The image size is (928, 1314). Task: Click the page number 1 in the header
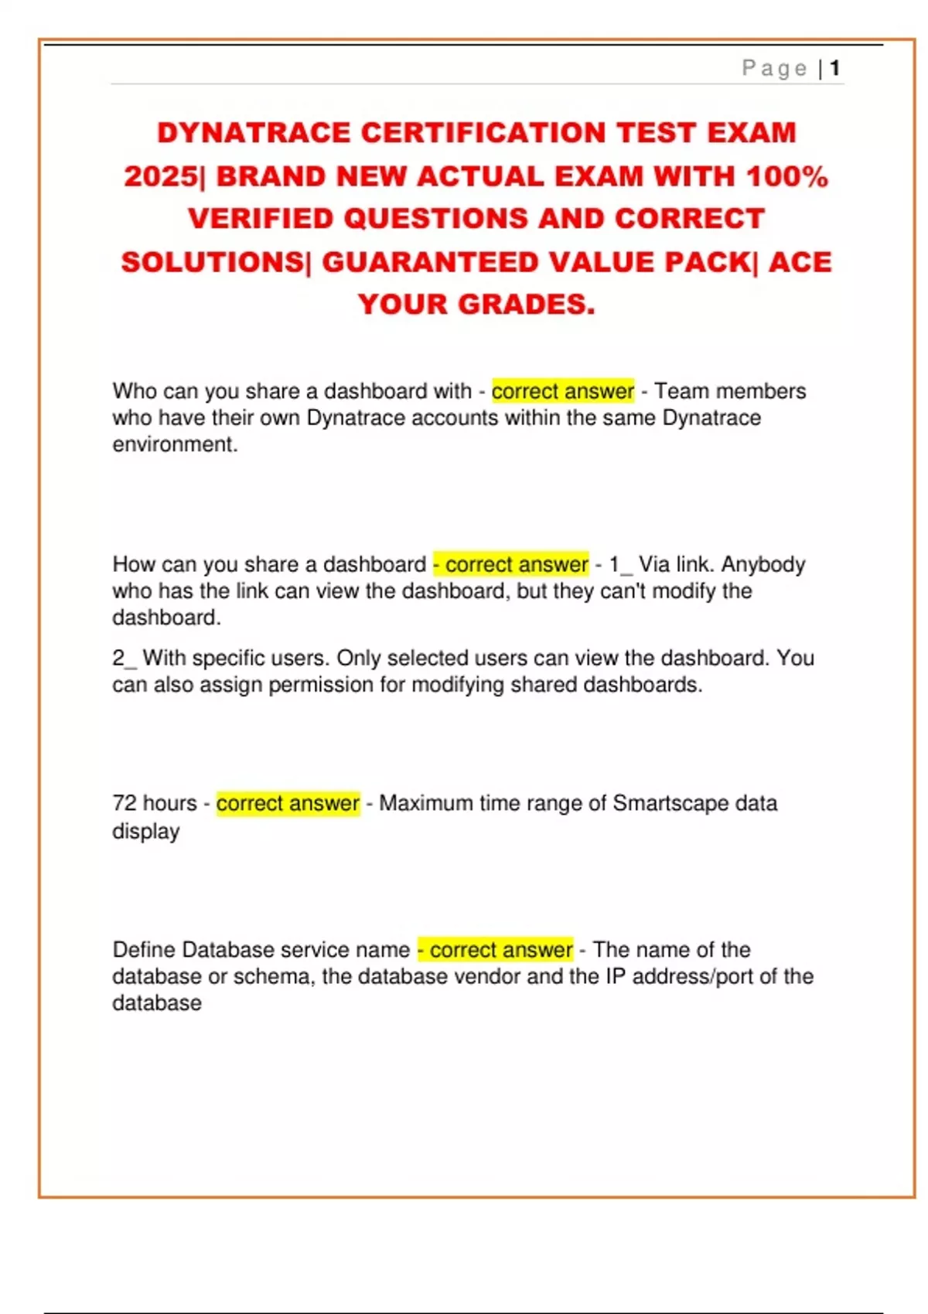834,69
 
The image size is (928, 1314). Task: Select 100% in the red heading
786,176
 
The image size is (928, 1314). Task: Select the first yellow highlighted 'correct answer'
562,391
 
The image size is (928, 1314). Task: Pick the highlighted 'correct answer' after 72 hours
288,804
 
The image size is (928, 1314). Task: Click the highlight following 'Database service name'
495,949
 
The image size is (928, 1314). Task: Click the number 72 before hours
124,804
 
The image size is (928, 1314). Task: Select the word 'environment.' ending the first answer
175,444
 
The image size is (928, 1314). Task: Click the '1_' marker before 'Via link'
620,564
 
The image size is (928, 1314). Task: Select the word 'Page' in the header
774,69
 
